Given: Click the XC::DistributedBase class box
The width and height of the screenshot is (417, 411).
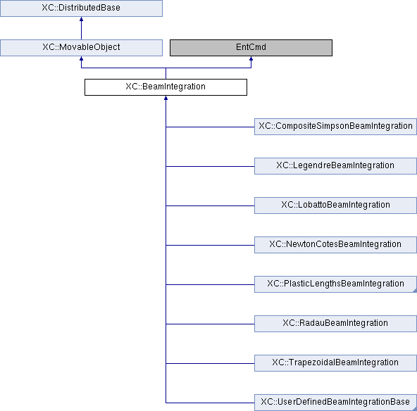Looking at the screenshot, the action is coord(81,8).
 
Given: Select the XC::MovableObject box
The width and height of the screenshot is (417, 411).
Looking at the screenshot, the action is coord(81,48).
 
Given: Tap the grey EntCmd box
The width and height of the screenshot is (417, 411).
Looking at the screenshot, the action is coord(251,48).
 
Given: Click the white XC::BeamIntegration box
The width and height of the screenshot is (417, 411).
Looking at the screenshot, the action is coord(166,87).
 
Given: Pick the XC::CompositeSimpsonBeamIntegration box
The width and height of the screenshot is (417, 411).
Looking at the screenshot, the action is coord(335,127).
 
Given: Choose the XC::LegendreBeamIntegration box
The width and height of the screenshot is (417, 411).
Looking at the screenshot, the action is coord(335,166).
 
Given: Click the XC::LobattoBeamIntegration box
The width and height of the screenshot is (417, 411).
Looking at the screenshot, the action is coord(335,205).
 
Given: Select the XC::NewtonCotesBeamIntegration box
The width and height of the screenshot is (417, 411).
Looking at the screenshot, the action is coord(335,245).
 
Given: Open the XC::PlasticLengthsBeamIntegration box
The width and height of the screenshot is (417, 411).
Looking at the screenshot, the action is coord(335,284).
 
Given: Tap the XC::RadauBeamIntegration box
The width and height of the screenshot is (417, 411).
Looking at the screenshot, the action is coord(335,324).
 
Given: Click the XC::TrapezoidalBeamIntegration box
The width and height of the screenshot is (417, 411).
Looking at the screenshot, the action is coord(335,363).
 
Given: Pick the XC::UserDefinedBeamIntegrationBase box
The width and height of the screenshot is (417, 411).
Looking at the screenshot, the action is coord(335,403).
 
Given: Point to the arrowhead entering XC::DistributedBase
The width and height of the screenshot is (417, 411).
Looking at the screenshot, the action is coord(82,19).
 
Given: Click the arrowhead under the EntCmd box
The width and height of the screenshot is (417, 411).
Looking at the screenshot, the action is coord(251,58).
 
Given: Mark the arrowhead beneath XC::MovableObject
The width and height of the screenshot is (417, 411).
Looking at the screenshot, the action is coord(82,58).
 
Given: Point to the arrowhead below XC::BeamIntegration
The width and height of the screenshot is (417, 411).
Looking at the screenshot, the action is coord(166,98).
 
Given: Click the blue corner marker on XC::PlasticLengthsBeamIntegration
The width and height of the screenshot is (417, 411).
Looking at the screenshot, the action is coord(415,291).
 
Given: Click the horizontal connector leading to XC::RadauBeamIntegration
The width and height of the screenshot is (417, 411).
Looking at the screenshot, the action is coord(210,324).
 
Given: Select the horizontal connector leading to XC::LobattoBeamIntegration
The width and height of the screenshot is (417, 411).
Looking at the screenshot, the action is coord(210,206).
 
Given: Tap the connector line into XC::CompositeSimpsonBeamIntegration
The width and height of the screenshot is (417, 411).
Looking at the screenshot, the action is coord(210,127).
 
